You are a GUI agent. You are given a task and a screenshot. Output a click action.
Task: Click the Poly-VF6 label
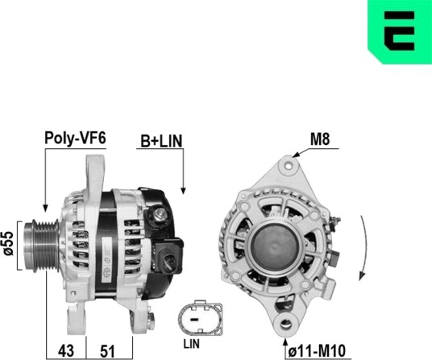75,138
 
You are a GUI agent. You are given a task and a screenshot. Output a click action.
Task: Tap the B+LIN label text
161,141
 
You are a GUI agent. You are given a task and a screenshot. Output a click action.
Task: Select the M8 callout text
320,139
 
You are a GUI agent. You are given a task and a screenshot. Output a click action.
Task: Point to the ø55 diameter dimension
9,243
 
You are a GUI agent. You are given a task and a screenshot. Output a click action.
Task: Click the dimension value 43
66,351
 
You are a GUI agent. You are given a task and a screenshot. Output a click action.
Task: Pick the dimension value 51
107,351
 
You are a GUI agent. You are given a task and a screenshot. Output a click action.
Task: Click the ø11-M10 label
317,351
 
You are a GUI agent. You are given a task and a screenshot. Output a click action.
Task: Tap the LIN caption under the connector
192,344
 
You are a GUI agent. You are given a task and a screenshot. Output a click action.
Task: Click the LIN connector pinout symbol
201,318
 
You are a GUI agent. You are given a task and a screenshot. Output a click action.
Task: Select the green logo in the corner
400,31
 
